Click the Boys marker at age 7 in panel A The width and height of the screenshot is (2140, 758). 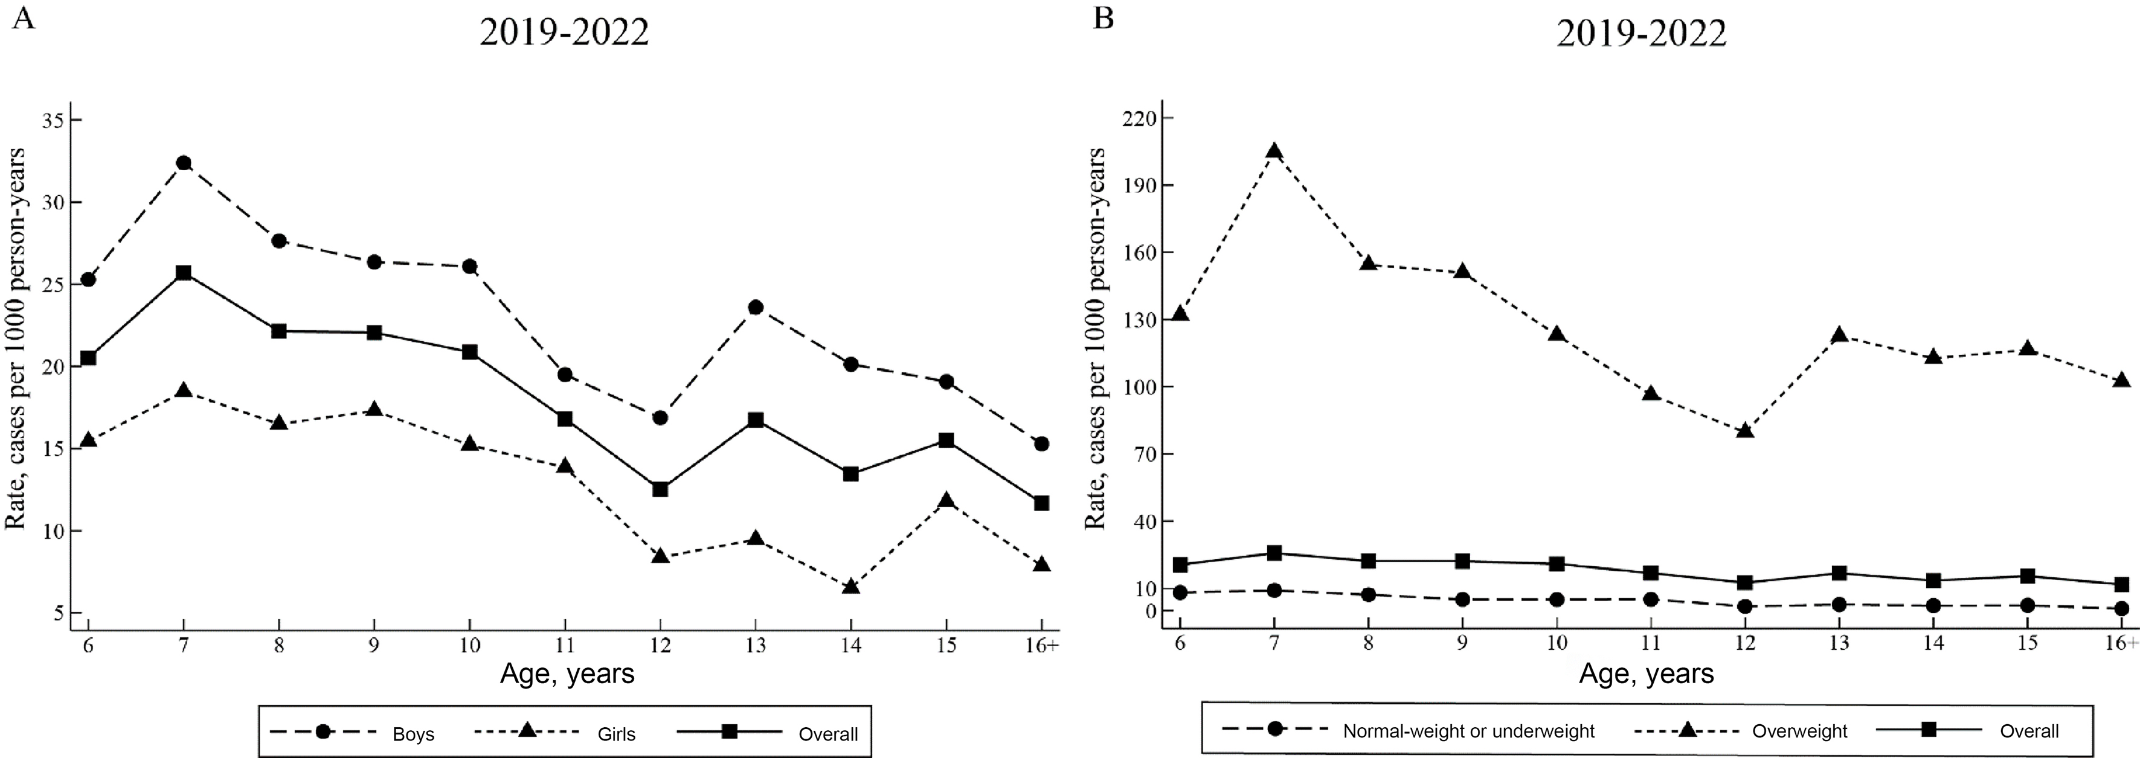[184, 163]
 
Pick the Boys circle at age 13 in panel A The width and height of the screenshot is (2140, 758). [755, 307]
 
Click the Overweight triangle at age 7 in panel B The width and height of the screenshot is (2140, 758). [1273, 151]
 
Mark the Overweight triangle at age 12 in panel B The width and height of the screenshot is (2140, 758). [1744, 431]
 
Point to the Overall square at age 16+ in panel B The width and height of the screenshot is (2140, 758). [2122, 584]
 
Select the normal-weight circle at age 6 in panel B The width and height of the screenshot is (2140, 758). [1180, 592]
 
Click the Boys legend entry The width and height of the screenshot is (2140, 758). [413, 734]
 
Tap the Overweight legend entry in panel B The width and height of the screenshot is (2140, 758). [1799, 731]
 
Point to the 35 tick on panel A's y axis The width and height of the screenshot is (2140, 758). [55, 120]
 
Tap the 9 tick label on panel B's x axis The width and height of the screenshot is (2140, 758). [1462, 643]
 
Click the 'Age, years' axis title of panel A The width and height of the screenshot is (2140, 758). [567, 674]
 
